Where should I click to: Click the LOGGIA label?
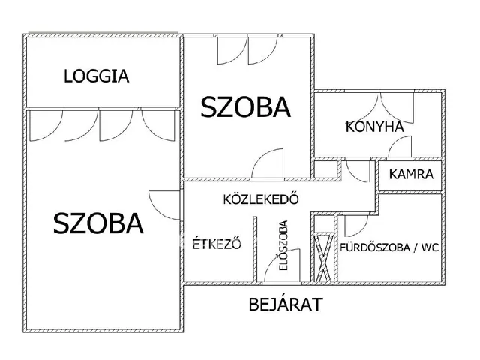click(97, 76)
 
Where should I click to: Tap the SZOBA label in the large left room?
click(98, 223)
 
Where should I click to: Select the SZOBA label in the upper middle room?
click(245, 107)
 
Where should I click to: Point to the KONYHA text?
click(374, 126)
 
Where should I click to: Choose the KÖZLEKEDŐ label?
click(262, 200)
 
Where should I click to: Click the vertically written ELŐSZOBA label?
click(283, 245)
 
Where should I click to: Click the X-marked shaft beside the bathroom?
click(323, 257)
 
